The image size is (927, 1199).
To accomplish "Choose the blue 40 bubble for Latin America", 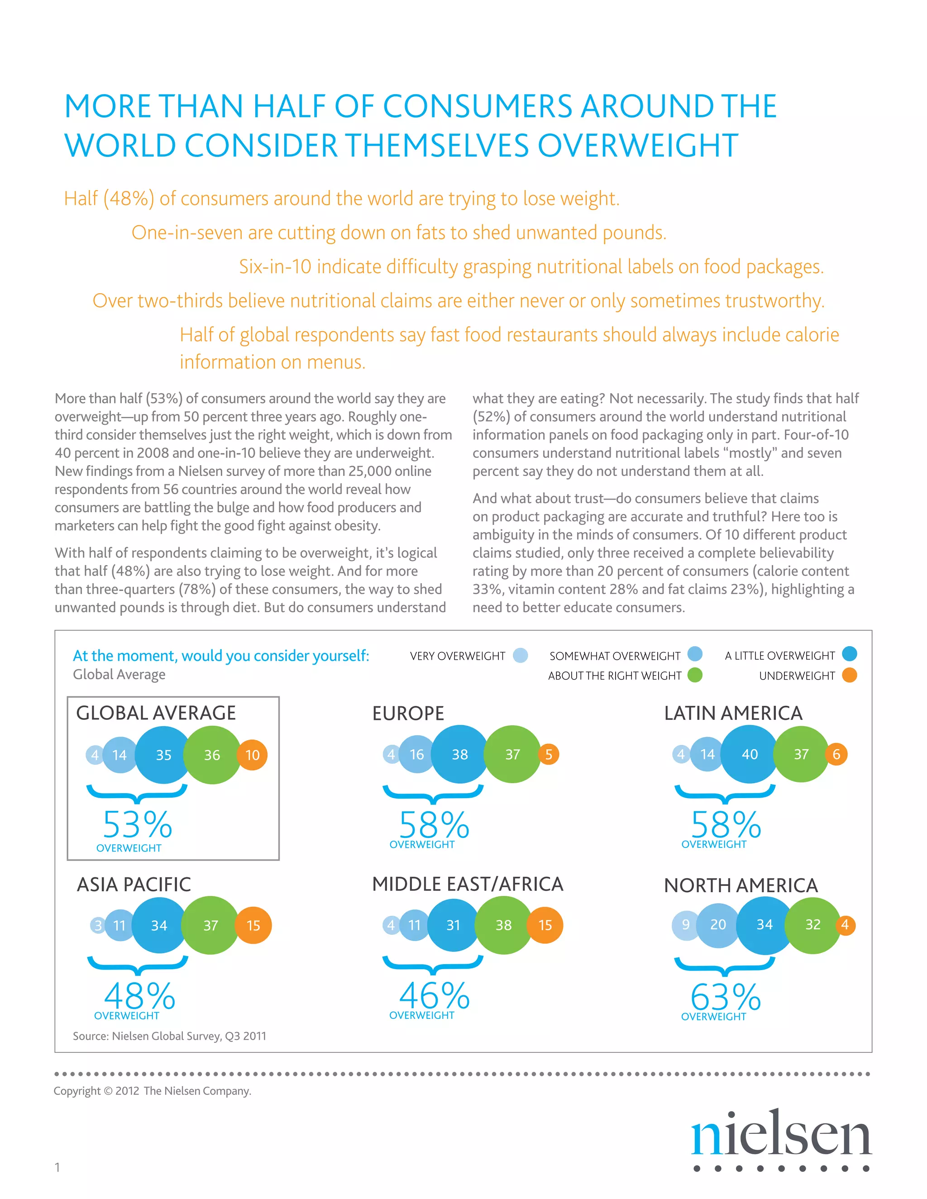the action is tap(750, 754).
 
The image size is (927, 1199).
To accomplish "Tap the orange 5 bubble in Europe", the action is tap(549, 754).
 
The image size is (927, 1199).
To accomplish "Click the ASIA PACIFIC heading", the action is tap(134, 885).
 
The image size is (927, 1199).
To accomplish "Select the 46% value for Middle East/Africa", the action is tap(435, 995).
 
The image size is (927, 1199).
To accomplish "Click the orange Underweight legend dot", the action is tap(850, 675).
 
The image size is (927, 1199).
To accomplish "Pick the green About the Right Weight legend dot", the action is tap(695, 675).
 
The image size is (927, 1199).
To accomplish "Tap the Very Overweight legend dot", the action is tap(520, 656).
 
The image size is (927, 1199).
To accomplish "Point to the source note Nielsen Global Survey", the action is tap(170, 1036).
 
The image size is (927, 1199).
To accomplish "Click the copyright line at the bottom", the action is tap(152, 1091).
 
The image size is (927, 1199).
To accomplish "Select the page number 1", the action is tap(57, 1167).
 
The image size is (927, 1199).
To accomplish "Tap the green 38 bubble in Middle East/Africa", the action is tap(504, 925).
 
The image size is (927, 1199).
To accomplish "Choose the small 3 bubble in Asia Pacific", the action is tap(98, 925).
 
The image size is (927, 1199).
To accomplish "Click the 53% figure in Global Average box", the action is tap(138, 824).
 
